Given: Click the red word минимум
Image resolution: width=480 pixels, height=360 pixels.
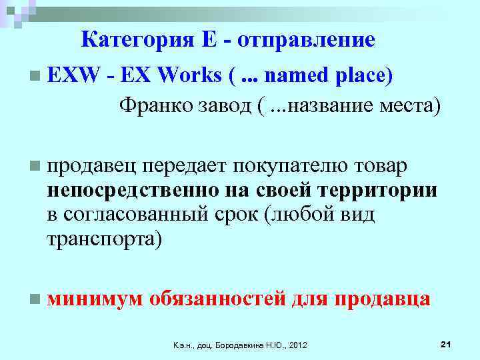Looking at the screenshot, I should tap(95, 298).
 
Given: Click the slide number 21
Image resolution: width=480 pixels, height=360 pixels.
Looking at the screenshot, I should tap(446, 343).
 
